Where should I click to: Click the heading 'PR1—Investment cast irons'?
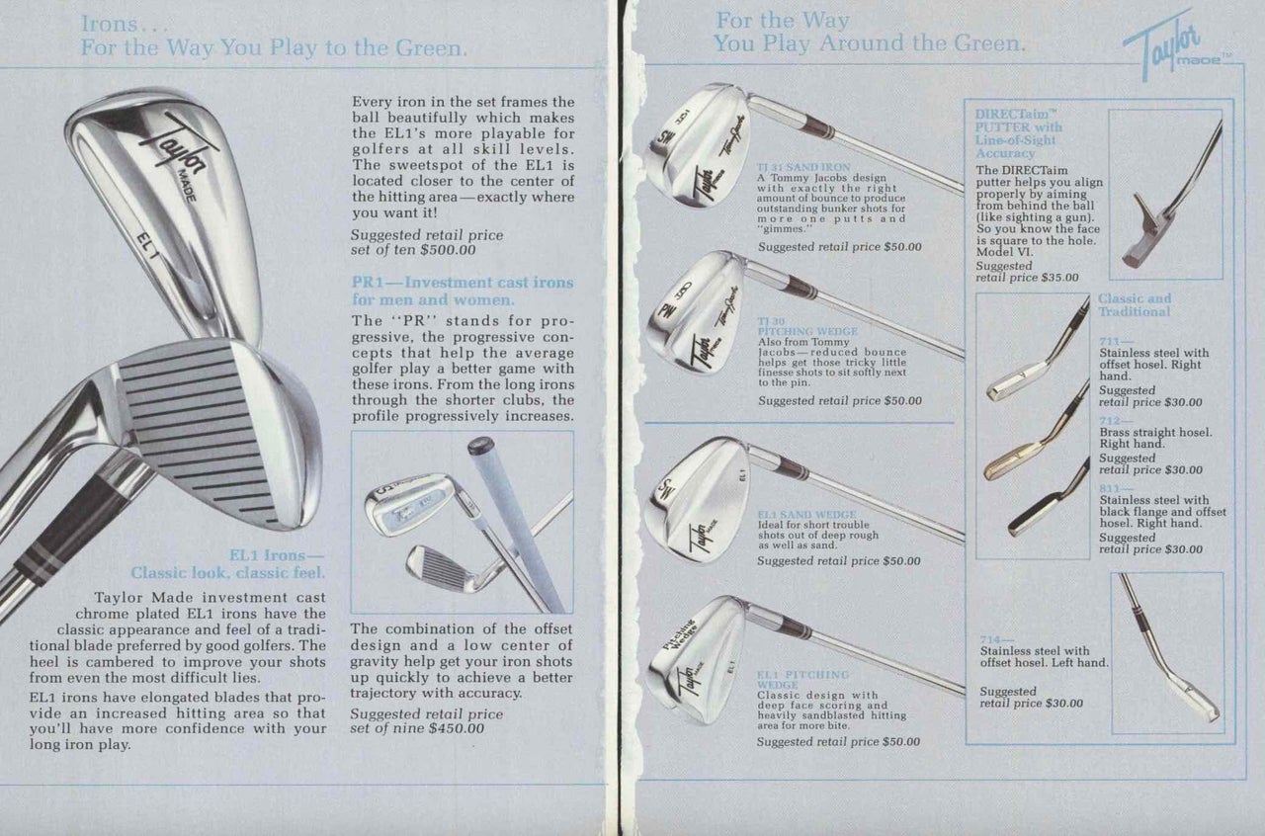pos(462,283)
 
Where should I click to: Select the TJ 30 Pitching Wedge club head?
pos(698,310)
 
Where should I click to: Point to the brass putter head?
pos(1008,464)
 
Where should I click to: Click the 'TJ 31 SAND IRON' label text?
pos(803,167)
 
